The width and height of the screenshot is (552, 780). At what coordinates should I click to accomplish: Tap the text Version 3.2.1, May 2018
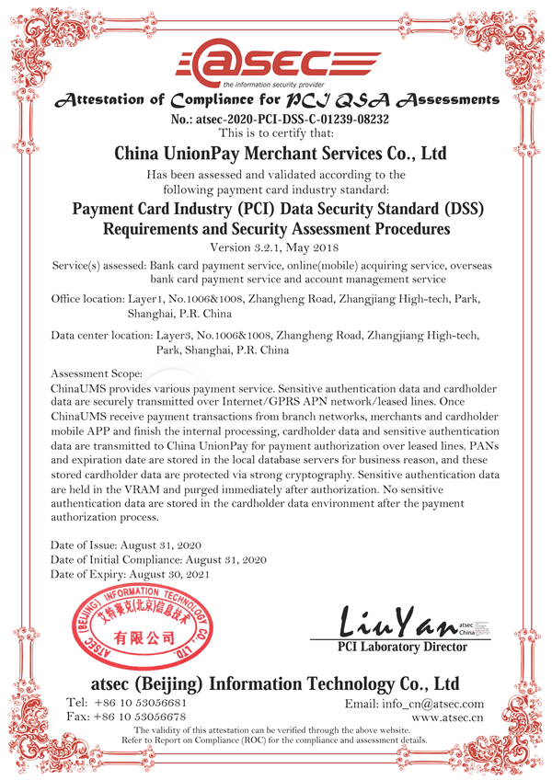[x=275, y=247]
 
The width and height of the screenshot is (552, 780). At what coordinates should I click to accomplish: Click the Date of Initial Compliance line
[x=158, y=559]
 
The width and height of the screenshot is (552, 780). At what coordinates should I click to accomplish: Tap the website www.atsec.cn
[x=447, y=717]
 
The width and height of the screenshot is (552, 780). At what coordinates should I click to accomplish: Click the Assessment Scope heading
[x=97, y=374]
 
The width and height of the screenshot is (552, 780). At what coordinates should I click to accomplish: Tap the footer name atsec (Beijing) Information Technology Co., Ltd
[x=275, y=684]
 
